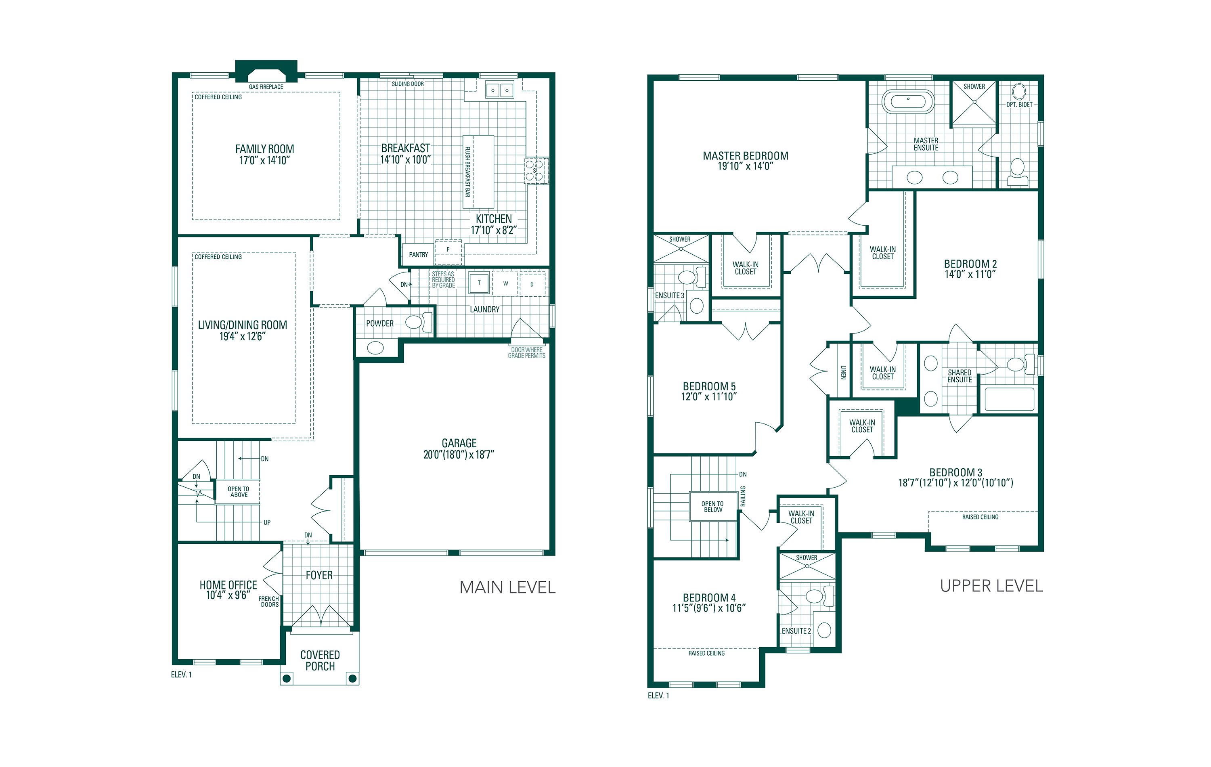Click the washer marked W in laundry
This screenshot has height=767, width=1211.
(505, 284)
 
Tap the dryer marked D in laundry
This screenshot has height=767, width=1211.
(532, 285)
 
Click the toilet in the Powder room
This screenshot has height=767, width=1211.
(417, 322)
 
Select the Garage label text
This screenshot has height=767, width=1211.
(459, 443)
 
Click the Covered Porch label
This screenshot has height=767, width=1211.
(320, 660)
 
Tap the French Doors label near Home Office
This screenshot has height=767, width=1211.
(269, 601)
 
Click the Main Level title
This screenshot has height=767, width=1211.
(507, 587)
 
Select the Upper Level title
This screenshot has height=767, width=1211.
(991, 586)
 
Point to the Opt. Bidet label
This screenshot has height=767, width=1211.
(1019, 105)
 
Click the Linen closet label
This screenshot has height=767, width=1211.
(843, 372)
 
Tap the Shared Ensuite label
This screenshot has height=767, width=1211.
(959, 376)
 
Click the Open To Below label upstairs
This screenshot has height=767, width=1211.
(712, 507)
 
